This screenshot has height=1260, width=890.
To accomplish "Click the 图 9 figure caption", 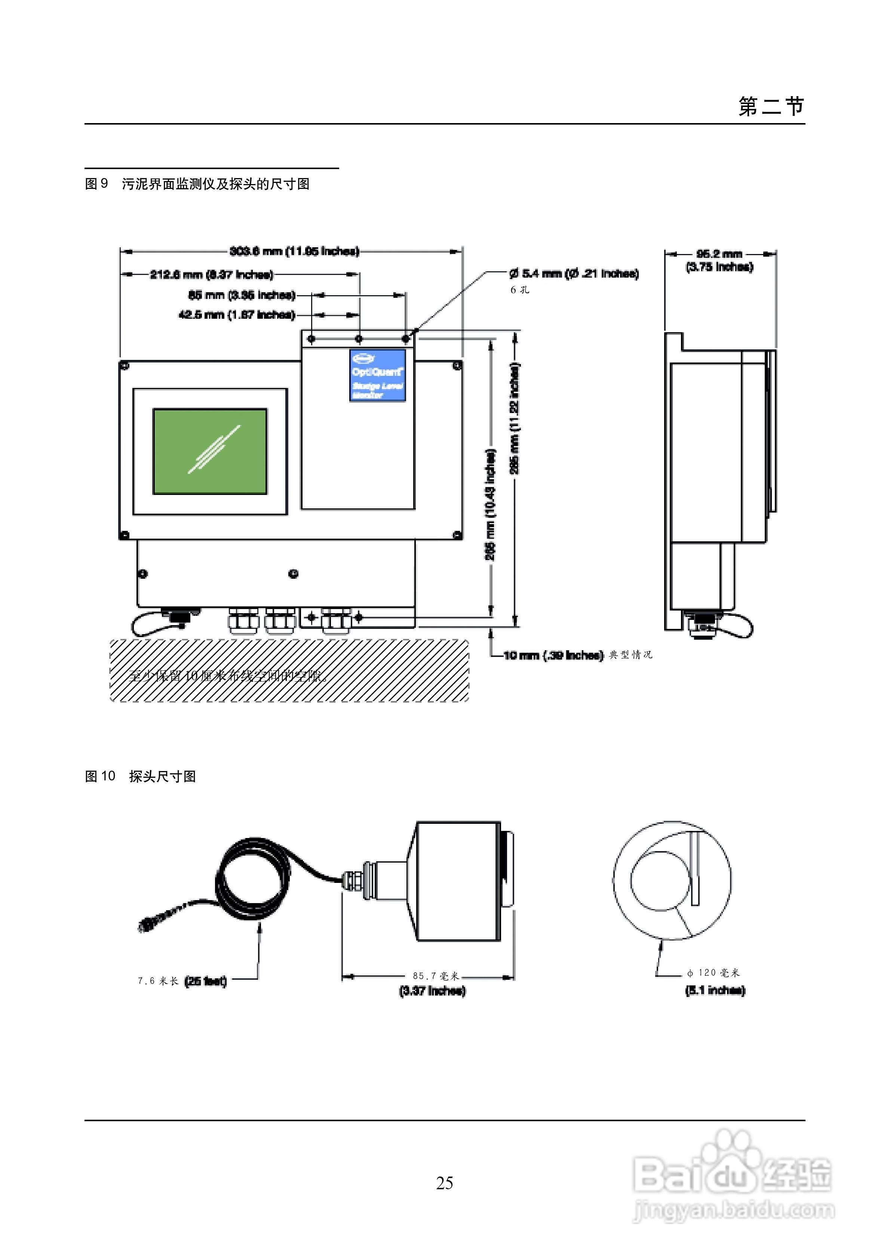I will pos(197,184).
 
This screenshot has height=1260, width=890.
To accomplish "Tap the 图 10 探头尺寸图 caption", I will pos(141,776).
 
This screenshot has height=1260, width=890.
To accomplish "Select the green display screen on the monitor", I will pos(210,451).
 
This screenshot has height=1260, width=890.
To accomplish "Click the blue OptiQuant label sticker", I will pos(378,375).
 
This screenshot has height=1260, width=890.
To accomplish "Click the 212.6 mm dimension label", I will pos(211,274).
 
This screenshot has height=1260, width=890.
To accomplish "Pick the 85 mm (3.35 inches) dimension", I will pos(242,295).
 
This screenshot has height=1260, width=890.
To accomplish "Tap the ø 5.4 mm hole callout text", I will pos(574,273).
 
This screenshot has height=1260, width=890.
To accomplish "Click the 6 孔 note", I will pos(520,290).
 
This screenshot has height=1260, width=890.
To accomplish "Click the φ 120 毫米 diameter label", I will pos(713,972).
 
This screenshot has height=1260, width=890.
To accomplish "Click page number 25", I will pos(445,1183).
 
